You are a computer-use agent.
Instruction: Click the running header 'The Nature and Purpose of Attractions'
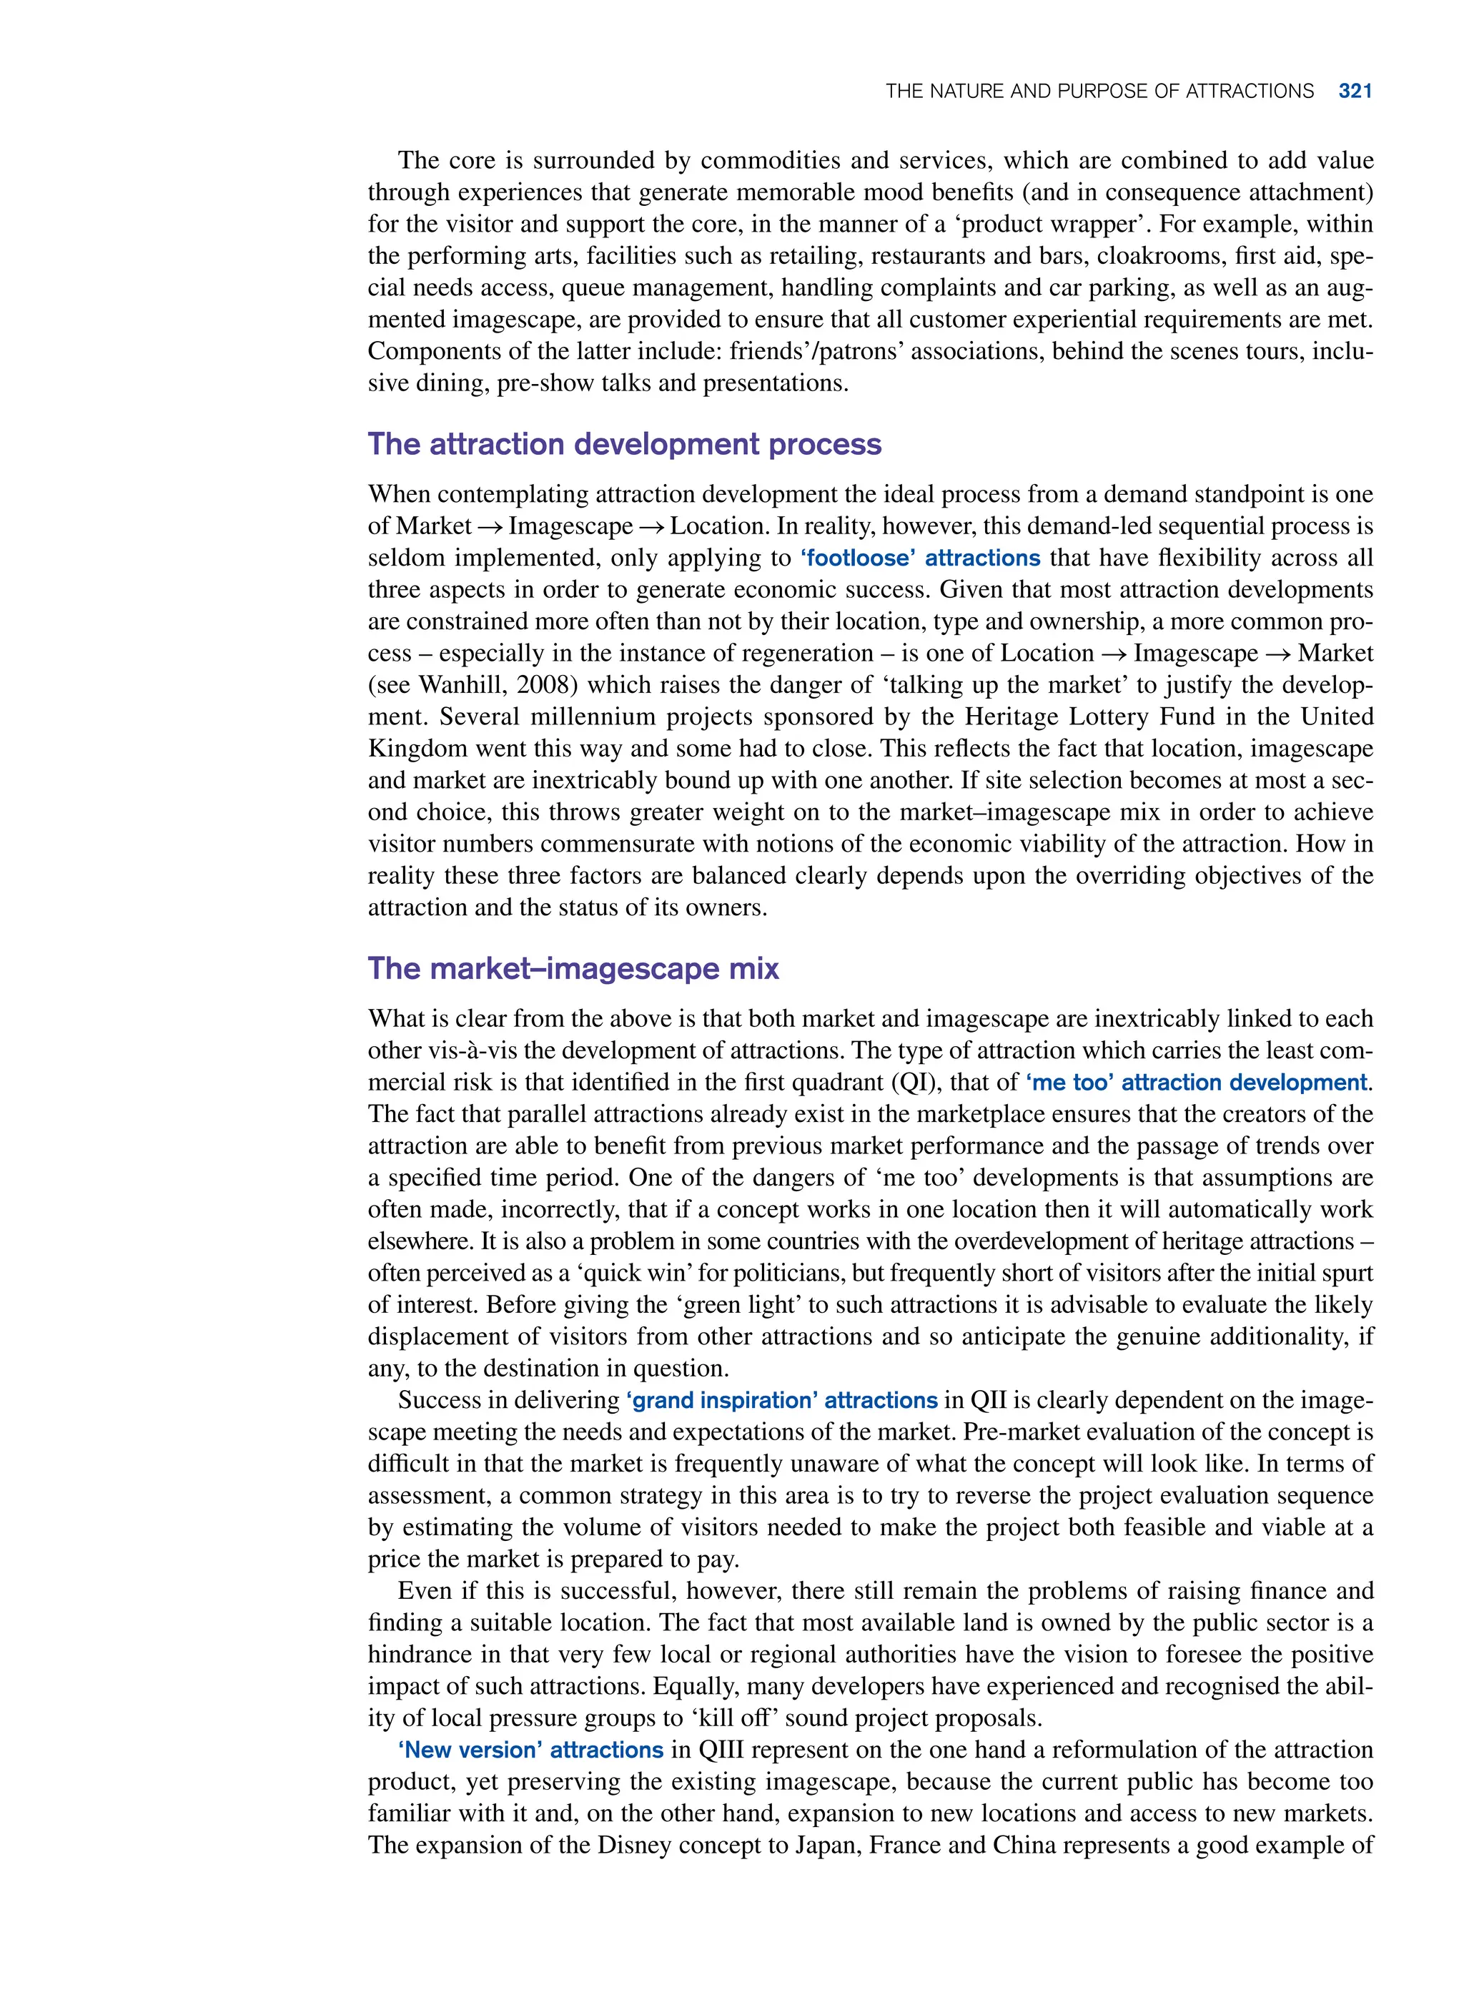click(x=1099, y=92)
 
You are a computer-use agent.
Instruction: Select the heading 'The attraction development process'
click(x=624, y=444)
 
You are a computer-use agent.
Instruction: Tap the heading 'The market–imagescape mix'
click(x=573, y=968)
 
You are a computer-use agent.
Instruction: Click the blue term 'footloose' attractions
click(x=920, y=558)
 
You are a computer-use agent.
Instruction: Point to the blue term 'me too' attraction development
click(x=1197, y=1083)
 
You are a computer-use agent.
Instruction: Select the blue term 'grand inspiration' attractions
click(x=781, y=1401)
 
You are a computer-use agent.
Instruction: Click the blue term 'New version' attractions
click(x=530, y=1750)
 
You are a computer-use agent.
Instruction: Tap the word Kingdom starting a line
click(x=417, y=749)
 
